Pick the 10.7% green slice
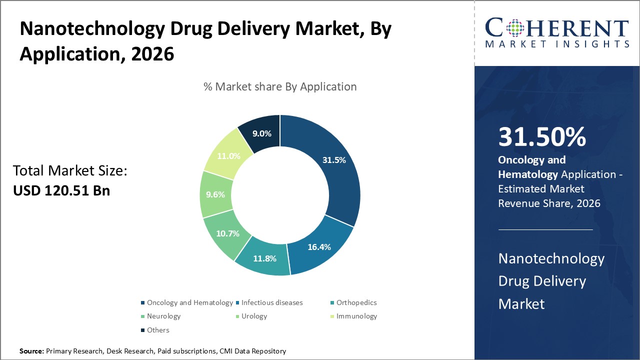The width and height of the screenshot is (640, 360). (227, 233)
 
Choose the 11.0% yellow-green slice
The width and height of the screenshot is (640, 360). (228, 155)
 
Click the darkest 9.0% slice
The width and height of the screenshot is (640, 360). (261, 133)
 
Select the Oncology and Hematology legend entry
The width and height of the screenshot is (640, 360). (189, 302)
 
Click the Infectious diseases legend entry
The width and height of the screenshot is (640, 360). (272, 302)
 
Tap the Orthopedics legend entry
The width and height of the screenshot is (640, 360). (356, 302)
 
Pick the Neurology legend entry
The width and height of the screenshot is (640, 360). (163, 316)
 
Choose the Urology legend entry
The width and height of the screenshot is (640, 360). (254, 316)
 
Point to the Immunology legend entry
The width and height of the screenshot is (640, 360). (356, 316)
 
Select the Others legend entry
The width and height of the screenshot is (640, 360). (158, 330)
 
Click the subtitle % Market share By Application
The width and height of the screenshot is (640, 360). (280, 86)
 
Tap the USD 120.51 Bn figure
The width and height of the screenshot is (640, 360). (61, 190)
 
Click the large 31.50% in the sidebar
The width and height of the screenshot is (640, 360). (542, 137)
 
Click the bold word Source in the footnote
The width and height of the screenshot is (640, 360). (31, 351)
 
